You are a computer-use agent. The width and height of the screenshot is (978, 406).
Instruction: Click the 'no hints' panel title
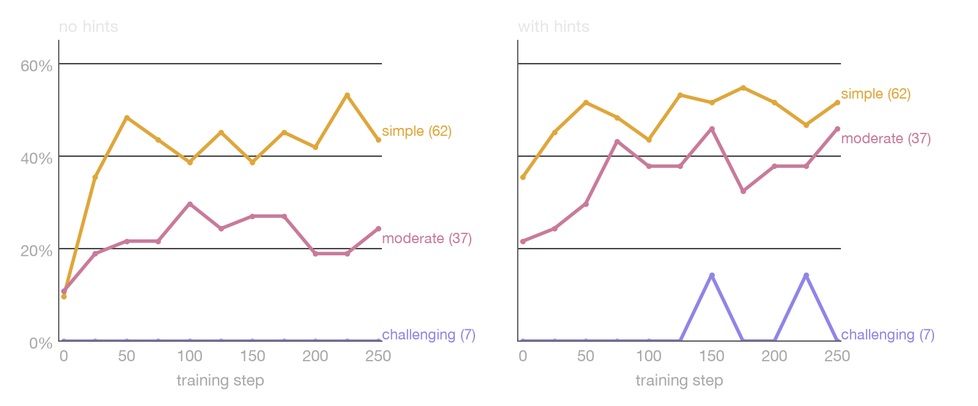point(88,27)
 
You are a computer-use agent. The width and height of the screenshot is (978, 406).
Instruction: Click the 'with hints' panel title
point(553,27)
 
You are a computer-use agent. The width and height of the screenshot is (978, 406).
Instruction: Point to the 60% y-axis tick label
point(36,66)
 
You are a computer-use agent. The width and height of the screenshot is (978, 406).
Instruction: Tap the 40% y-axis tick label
point(36,158)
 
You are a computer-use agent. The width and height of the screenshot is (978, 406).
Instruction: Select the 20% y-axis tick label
point(36,251)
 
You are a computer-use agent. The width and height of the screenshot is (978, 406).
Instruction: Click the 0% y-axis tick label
point(40,343)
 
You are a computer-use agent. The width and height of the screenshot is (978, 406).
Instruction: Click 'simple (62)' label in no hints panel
point(417,131)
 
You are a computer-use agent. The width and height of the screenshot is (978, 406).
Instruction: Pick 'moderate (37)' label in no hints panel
point(427,238)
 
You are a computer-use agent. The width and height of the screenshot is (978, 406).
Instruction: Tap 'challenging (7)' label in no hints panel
point(428,335)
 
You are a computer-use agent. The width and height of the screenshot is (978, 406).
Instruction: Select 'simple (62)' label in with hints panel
point(875,94)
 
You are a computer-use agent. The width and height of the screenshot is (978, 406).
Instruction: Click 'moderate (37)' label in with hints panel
point(886,138)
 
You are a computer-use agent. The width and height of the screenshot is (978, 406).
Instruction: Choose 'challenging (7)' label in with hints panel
point(887,335)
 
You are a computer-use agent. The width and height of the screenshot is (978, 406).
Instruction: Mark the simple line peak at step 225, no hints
point(347,96)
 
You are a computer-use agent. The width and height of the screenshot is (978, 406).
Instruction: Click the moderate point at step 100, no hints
point(190,204)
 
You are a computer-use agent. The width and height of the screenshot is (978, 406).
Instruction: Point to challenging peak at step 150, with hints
point(712,276)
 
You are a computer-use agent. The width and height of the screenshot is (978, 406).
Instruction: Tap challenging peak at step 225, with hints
point(806,276)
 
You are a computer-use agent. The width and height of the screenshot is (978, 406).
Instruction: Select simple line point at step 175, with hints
point(743,88)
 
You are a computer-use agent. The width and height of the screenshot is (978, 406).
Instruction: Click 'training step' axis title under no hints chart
point(220,380)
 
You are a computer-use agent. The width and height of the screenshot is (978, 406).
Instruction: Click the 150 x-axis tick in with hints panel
point(712,356)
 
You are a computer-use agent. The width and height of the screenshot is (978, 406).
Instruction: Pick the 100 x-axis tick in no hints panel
point(190,356)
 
